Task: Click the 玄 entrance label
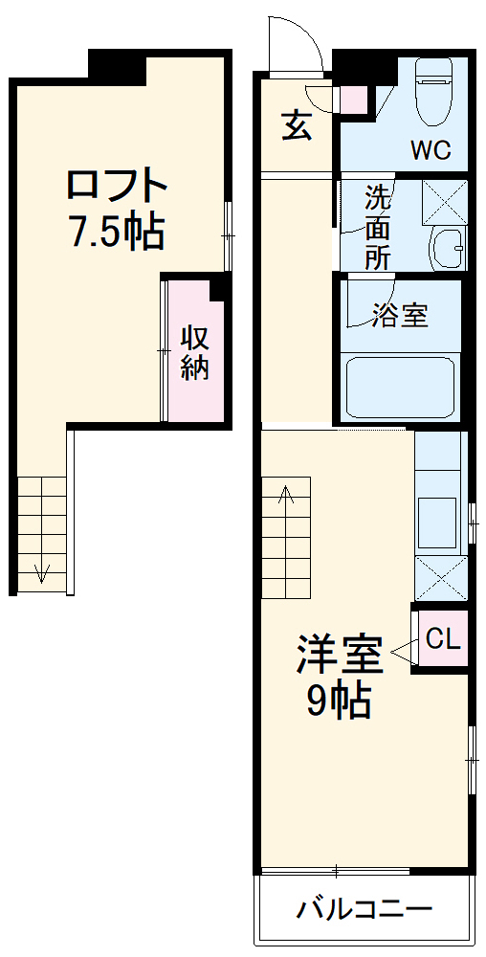tap(297, 125)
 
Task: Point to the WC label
tap(431, 150)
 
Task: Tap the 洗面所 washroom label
tap(378, 228)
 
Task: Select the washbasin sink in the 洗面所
tap(447, 249)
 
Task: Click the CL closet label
tap(442, 638)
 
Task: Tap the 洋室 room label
tap(339, 656)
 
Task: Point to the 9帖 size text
tap(339, 702)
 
